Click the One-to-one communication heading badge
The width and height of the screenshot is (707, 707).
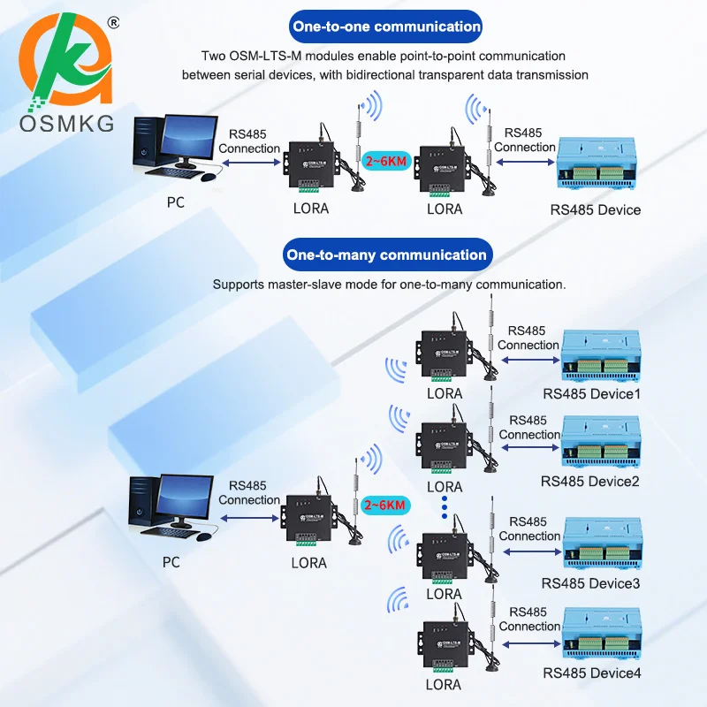tap(385, 27)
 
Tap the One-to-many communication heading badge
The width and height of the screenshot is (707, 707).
tap(387, 255)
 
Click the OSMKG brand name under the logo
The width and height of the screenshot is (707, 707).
tap(67, 124)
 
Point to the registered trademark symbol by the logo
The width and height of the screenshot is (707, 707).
tap(114, 23)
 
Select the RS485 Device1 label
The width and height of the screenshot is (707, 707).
tap(591, 393)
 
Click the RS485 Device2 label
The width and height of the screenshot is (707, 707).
tap(590, 481)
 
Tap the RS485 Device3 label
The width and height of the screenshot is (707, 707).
tap(590, 583)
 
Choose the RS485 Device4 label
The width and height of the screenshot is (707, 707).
tap(591, 673)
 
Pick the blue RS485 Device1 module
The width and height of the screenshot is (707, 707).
tap(601, 356)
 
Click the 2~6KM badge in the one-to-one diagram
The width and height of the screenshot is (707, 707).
tap(386, 161)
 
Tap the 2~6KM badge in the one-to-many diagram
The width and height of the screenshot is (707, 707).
tap(384, 505)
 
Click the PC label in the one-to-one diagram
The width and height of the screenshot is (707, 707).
tap(175, 202)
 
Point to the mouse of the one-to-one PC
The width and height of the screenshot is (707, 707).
tap(208, 177)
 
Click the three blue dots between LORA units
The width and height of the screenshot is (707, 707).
tap(445, 507)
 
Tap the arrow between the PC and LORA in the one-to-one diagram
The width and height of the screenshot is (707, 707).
tap(251, 163)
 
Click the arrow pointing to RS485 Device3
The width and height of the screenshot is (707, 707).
tap(532, 551)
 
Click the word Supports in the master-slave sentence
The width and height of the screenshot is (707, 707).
tap(238, 285)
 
